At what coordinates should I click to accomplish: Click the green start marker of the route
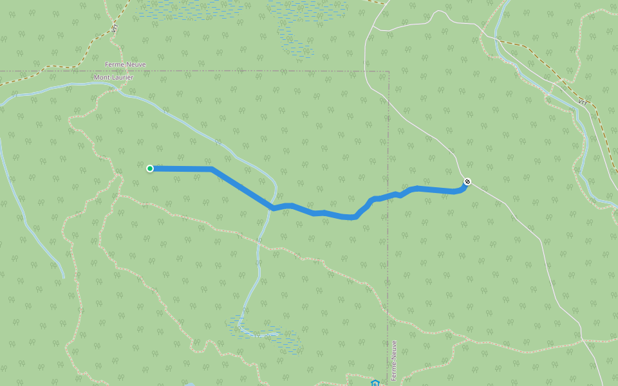[x=150, y=169]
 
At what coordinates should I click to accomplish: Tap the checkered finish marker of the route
[x=467, y=181]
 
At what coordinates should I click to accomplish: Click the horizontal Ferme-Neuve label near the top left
[x=125, y=64]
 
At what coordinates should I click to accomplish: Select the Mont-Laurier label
[x=114, y=77]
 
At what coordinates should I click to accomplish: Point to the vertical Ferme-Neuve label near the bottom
[x=394, y=361]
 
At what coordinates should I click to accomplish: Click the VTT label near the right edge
[x=583, y=102]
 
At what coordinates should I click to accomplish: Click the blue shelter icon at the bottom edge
[x=375, y=383]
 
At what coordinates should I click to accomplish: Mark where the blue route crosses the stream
[x=272, y=208]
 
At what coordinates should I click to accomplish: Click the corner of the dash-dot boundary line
[x=389, y=71]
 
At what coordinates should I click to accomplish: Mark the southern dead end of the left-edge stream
[x=64, y=278]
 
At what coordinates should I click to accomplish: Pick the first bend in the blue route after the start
[x=212, y=169]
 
